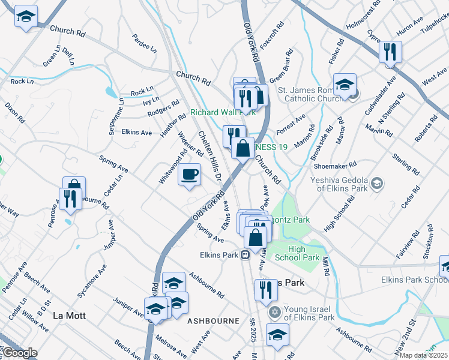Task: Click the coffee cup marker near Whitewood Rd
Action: pyautogui.click(x=190, y=175)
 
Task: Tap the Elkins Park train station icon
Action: pyautogui.click(x=245, y=256)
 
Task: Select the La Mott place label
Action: pyautogui.click(x=70, y=315)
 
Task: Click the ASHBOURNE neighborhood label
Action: pyautogui.click(x=214, y=321)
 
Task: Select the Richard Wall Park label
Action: pyautogui.click(x=223, y=112)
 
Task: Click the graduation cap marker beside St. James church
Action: pyautogui.click(x=345, y=85)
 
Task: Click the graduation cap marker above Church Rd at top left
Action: pyautogui.click(x=26, y=17)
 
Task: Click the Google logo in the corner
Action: pyautogui.click(x=19, y=353)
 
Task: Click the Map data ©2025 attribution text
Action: pyautogui.click(x=423, y=355)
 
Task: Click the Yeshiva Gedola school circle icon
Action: pyautogui.click(x=376, y=182)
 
